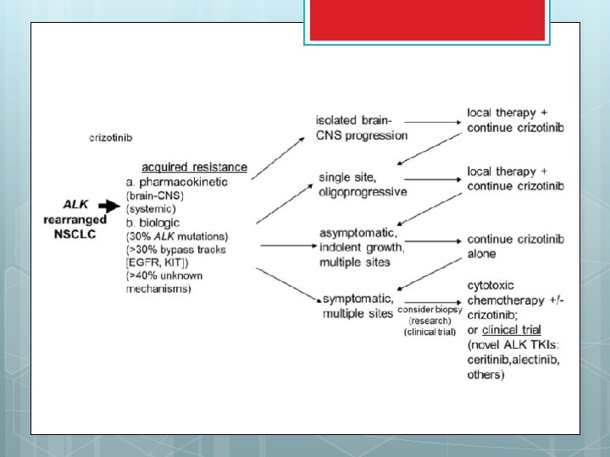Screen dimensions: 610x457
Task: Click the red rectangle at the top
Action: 427,20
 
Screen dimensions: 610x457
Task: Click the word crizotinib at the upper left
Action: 110,137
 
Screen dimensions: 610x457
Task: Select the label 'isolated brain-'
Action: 354,121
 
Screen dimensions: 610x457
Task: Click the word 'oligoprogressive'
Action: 363,191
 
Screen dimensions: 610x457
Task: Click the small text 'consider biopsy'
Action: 431,309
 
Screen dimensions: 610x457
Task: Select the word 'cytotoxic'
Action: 491,286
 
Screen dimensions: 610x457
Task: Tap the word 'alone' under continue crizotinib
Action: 482,254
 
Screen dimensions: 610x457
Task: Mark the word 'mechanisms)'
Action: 158,289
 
